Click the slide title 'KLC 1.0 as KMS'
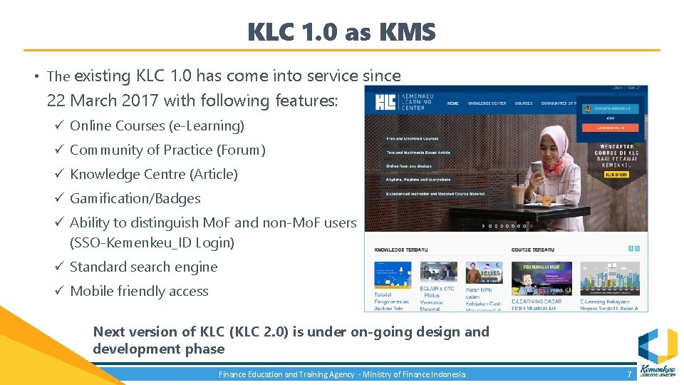[341, 32]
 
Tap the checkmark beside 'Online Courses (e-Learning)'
[59, 125]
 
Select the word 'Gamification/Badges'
[135, 199]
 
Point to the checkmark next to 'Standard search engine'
[59, 267]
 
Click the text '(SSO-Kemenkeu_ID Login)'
[152, 242]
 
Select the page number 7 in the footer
[629, 374]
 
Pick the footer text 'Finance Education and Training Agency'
[286, 374]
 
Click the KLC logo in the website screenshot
[386, 102]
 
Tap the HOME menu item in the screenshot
[452, 103]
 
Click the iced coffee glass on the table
[518, 196]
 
